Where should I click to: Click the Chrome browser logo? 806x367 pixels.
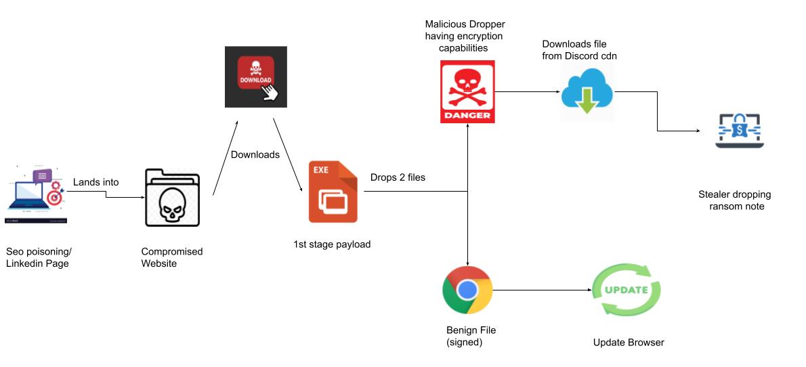467,290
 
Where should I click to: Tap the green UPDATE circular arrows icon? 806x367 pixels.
627,290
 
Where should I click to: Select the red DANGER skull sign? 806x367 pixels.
467,92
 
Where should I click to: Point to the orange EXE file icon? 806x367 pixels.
333,192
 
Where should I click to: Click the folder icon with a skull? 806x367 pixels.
173,198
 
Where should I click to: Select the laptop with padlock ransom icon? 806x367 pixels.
740,130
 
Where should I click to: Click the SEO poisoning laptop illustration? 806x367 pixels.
35,192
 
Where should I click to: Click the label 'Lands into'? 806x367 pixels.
96,181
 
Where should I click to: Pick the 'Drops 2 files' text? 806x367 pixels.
398,177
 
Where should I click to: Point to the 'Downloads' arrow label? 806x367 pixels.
255,154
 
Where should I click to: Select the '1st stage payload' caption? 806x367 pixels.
332,244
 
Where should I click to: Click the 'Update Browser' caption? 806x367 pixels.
628,342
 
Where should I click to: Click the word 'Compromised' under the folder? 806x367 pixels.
172,251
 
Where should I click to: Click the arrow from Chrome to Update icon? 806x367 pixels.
542,290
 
